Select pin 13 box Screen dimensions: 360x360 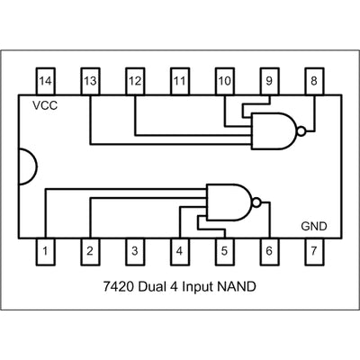point(90,82)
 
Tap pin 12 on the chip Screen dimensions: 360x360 point(134,82)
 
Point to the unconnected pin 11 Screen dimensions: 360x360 point(179,82)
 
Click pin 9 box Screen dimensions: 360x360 point(268,82)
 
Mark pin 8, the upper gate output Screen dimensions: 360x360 point(313,82)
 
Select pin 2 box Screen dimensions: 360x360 point(90,253)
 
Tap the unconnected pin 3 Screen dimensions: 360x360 point(134,253)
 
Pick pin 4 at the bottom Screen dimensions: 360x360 point(179,253)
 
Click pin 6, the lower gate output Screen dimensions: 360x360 point(268,253)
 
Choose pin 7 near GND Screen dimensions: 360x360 point(313,253)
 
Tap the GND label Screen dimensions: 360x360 point(314,227)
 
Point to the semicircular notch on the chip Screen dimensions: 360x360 point(28,167)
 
